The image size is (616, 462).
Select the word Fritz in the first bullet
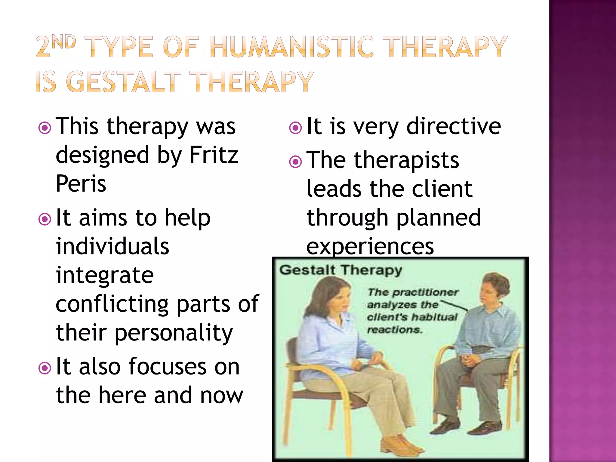214,155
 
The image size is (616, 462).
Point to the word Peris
81,183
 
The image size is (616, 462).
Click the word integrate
105,275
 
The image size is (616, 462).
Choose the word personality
174,333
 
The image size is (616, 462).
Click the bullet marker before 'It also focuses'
45,368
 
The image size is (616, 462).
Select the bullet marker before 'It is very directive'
295,128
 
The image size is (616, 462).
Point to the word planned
438,217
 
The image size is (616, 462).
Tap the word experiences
370,246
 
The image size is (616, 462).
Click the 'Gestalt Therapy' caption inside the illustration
340,270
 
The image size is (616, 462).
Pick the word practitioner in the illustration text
425,292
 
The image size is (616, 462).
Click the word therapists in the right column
406,160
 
